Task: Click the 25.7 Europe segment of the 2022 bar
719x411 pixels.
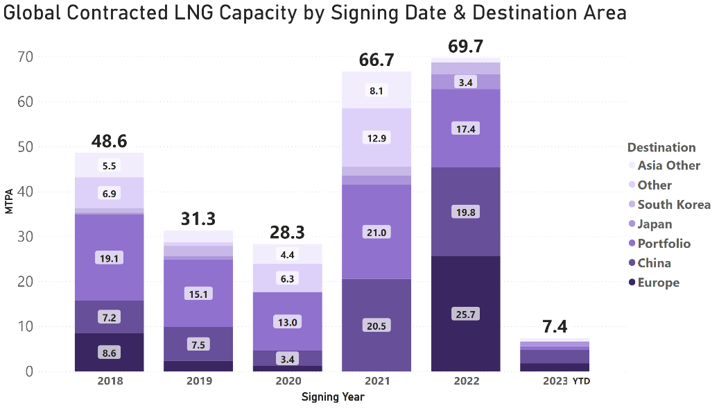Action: click(x=465, y=314)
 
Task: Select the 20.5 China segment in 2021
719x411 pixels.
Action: click(x=376, y=326)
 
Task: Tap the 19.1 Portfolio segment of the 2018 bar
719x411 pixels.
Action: click(x=110, y=258)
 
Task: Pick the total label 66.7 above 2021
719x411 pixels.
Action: click(x=376, y=60)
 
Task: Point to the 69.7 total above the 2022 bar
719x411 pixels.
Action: click(x=465, y=47)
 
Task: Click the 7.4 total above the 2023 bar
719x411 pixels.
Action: click(x=554, y=326)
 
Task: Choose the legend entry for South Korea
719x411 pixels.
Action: click(x=673, y=204)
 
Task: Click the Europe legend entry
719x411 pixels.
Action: click(x=658, y=283)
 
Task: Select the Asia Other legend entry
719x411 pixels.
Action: click(x=668, y=165)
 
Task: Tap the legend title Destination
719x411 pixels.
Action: click(x=661, y=147)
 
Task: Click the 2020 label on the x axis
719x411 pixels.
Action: click(x=287, y=381)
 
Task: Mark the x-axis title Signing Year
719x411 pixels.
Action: click(x=333, y=397)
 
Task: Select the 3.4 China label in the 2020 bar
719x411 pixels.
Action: click(x=287, y=359)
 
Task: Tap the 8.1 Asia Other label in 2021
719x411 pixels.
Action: click(x=376, y=90)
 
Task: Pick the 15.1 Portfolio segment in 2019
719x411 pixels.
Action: click(x=198, y=294)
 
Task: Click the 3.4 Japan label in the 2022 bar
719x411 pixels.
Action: click(x=465, y=83)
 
